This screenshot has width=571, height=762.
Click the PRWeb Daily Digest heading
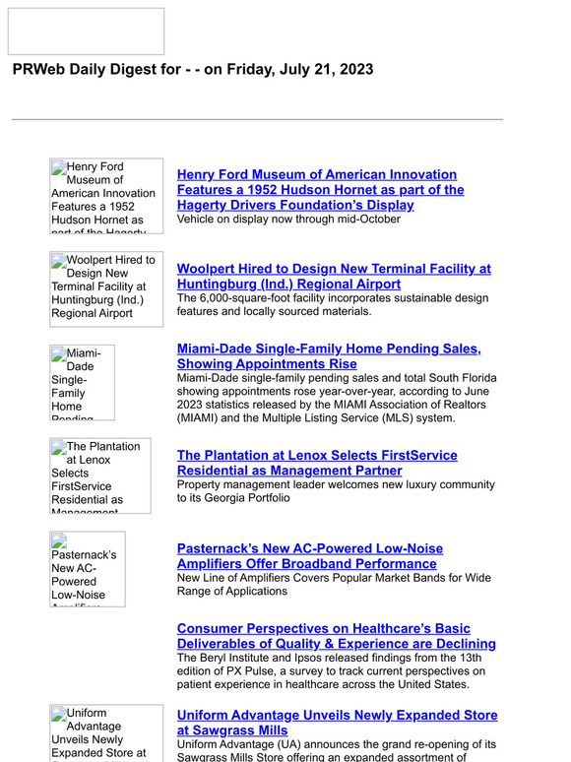click(x=192, y=70)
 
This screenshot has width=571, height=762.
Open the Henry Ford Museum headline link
click(x=320, y=190)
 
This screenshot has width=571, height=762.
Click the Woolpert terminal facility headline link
click(x=333, y=276)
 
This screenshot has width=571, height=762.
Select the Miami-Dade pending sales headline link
click(x=328, y=356)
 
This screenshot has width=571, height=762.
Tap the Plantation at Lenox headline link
click(x=316, y=463)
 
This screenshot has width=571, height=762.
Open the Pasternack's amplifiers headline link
click(x=309, y=556)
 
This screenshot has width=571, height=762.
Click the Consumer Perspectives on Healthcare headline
click(x=336, y=636)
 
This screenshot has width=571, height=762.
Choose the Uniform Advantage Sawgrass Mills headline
click(x=337, y=723)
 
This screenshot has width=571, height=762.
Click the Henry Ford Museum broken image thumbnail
click(x=106, y=196)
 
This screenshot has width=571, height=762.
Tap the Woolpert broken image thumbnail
click(x=106, y=288)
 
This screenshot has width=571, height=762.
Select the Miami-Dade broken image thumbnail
click(x=82, y=382)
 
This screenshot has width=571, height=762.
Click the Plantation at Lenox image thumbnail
click(x=100, y=476)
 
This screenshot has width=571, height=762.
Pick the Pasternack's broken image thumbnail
click(x=88, y=569)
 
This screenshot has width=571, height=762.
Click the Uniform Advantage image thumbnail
click(x=106, y=733)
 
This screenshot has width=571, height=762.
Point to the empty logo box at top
click(x=86, y=32)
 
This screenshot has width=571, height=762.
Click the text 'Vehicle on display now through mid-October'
click(x=288, y=220)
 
